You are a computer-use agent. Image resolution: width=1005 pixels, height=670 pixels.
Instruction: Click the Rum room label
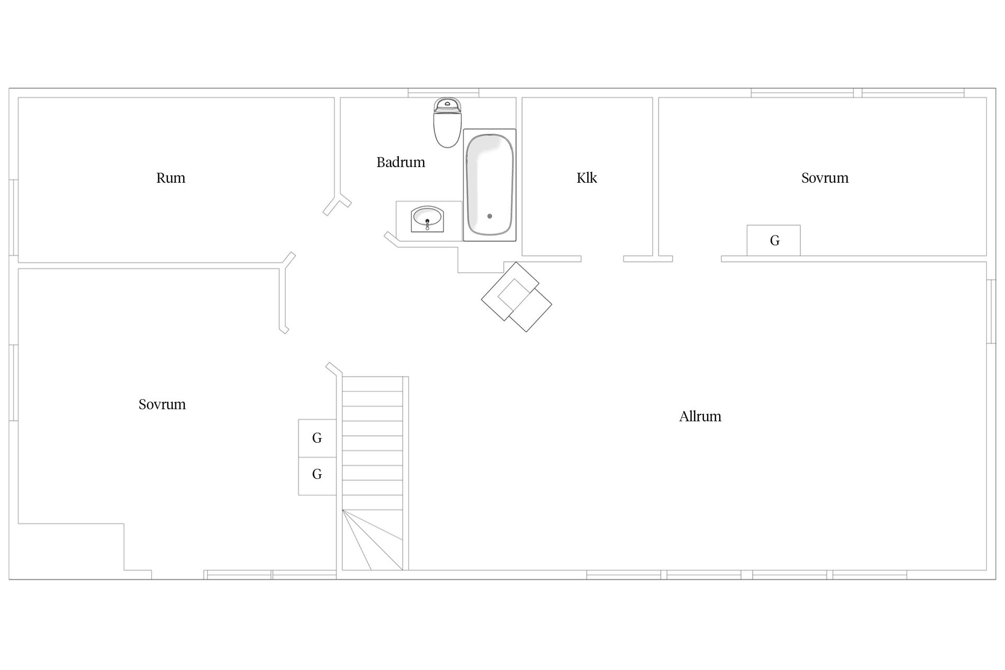pos(171,178)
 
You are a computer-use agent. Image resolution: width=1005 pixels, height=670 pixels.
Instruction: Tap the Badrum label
pos(400,162)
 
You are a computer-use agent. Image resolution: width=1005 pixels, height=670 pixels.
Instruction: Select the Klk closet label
pos(587,178)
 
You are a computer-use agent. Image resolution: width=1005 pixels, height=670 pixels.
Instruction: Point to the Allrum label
pos(700,416)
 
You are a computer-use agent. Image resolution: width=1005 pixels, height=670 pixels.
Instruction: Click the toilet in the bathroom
pos(448,122)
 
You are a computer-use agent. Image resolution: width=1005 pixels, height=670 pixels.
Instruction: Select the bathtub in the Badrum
pos(489,185)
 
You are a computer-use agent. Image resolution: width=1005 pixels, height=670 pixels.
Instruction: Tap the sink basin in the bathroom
pos(427,218)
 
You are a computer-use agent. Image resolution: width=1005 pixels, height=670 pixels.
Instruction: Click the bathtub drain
pos(490,216)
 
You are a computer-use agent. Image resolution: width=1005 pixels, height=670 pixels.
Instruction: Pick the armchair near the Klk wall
pos(517,297)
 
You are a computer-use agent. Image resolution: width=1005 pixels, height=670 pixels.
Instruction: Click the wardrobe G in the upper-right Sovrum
pos(774,240)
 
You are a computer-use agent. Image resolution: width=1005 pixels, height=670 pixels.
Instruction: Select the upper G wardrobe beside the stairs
pos(317,438)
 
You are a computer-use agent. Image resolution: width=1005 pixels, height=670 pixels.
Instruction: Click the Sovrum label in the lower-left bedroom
pos(162,404)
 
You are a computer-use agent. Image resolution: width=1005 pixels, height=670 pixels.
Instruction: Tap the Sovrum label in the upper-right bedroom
pos(825,178)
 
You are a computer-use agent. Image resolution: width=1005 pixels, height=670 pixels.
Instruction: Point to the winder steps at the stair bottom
pos(373,540)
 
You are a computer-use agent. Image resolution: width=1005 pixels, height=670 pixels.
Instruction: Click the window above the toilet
pos(443,93)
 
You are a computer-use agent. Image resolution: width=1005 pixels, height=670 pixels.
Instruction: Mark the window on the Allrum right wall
pos(991,312)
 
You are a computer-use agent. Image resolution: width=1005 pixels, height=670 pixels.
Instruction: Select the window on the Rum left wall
pos(14,218)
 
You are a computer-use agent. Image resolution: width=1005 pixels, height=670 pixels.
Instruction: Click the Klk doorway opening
pos(602,259)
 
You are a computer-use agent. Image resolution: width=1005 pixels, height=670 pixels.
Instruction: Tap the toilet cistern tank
pos(448,105)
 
